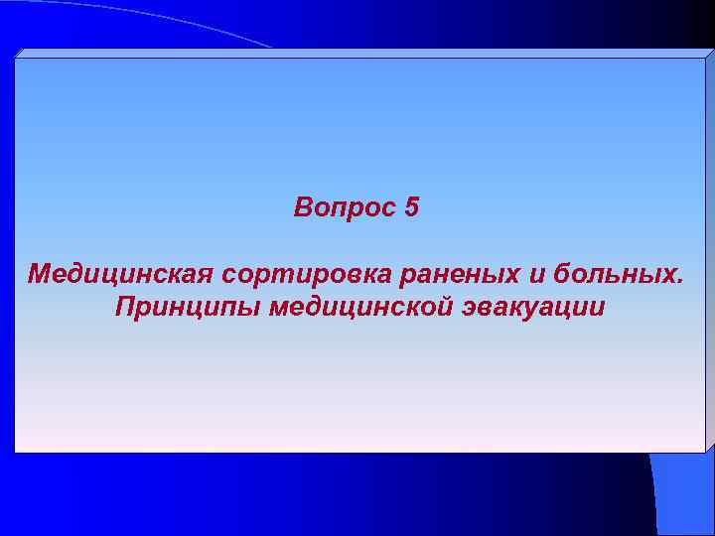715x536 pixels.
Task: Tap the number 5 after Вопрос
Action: (412, 208)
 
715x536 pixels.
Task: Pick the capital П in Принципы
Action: (124, 306)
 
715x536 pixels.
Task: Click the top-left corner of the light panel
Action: (16, 59)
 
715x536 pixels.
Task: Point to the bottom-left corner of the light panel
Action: (16, 452)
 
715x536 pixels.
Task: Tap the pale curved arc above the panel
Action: (199, 30)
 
